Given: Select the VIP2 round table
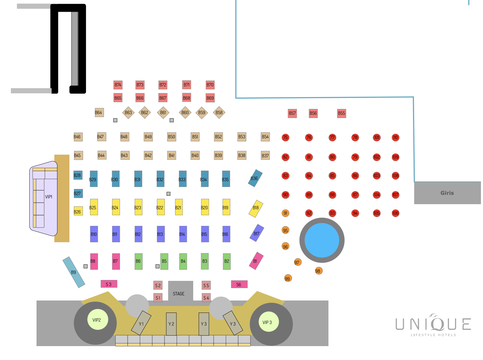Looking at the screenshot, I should click(98, 320).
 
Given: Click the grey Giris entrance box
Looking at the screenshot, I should click(447, 193).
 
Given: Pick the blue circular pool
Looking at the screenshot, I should click(322, 240).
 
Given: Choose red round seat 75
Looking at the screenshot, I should click(285, 137).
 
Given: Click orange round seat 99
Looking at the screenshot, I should click(288, 278).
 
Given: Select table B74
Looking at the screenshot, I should click(118, 85).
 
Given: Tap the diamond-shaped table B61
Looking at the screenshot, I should click(163, 113).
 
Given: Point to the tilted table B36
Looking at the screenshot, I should click(255, 178).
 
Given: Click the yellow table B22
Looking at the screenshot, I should click(160, 207).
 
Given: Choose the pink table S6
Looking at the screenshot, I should click(239, 284).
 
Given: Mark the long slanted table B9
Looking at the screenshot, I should click(74, 272).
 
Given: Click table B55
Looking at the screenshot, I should click(341, 113).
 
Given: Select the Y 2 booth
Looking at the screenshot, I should click(171, 324).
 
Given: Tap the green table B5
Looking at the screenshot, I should click(164, 261).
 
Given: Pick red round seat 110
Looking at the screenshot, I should click(395, 137).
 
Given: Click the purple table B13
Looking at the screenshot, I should click(160, 234).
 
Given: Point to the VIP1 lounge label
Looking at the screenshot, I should click(49, 197).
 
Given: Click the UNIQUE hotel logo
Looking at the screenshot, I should click(433, 325).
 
